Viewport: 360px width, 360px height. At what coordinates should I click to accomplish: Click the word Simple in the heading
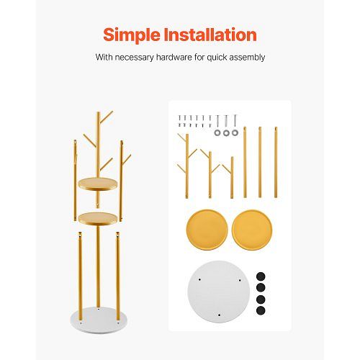pyautogui.click(x=132, y=35)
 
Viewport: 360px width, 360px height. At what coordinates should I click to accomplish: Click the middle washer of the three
pyautogui.click(x=226, y=132)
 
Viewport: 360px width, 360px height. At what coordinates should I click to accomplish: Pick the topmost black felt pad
pyautogui.click(x=261, y=276)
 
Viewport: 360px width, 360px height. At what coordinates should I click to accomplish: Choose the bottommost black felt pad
pyautogui.click(x=261, y=310)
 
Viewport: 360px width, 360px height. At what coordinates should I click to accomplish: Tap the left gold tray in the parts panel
pyautogui.click(x=207, y=230)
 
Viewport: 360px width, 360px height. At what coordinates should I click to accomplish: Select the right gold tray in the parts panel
pyautogui.click(x=252, y=230)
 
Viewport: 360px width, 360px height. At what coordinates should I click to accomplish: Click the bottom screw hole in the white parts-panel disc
pyautogui.click(x=219, y=315)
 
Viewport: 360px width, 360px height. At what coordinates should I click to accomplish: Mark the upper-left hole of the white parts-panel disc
pyautogui.click(x=199, y=279)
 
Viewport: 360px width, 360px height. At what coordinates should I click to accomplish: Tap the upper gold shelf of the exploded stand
pyautogui.click(x=98, y=184)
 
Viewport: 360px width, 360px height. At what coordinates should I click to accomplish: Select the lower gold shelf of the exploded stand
pyautogui.click(x=98, y=218)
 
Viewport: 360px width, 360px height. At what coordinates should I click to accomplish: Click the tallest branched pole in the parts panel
pyautogui.click(x=187, y=166)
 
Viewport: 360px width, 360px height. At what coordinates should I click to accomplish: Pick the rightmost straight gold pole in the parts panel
pyautogui.click(x=276, y=162)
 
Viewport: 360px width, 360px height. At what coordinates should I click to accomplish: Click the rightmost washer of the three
pyautogui.click(x=235, y=132)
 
